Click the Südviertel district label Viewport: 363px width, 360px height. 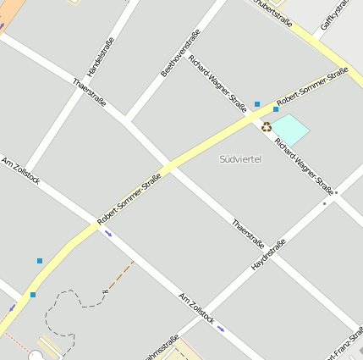pos(240,159)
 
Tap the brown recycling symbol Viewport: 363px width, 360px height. pos(267,127)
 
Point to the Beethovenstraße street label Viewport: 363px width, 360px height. pos(180,53)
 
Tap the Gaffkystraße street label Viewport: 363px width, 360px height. pos(336,14)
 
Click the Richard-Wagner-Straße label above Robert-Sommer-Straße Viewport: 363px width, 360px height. pos(217,83)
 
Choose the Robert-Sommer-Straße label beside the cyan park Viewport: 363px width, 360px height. pos(312,87)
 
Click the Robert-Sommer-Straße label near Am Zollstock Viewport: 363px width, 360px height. pos(129,198)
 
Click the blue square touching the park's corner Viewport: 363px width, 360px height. pos(276,109)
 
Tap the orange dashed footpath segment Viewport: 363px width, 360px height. pos(121,274)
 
